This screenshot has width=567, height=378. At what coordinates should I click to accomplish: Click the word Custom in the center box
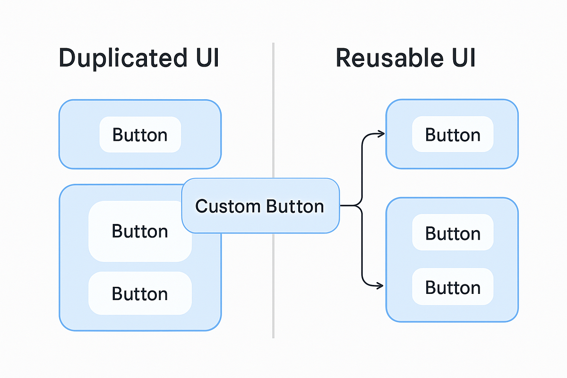point(228,206)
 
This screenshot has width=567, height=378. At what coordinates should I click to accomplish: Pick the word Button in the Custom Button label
point(295,206)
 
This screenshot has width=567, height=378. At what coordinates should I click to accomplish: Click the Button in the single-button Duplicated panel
point(140,135)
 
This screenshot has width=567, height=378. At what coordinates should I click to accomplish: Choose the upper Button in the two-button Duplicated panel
point(140,231)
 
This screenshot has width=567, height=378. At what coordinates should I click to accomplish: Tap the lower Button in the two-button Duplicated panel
point(140,293)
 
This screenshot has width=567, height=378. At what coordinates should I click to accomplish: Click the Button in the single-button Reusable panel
point(453,135)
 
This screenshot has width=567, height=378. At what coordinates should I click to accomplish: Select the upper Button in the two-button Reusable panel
point(453,233)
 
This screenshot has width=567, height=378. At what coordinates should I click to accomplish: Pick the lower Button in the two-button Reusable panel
point(453,287)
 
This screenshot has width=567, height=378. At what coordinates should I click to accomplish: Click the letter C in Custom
point(201,206)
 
